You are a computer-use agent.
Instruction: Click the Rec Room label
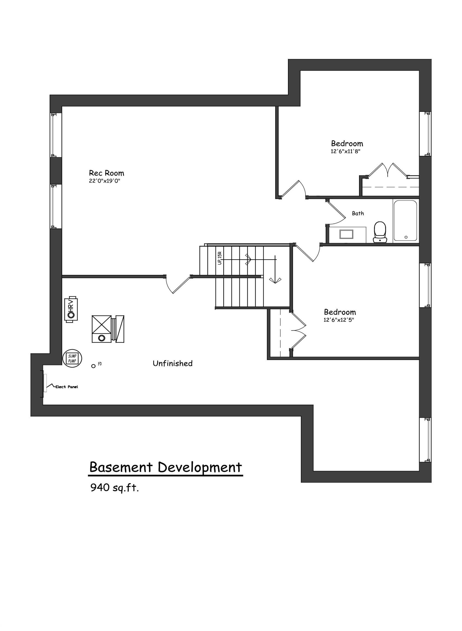tap(106, 173)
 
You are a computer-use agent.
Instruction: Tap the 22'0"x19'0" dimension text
tap(104, 181)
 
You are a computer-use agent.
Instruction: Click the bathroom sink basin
tap(347, 234)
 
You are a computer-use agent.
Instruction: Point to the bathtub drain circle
tap(406, 237)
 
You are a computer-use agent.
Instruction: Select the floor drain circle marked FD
tap(93, 366)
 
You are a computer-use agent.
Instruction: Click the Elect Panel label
tap(67, 387)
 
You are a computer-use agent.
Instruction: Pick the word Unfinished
tap(172, 363)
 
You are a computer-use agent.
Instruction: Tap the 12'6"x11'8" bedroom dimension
tap(345, 151)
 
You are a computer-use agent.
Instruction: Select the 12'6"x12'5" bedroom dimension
tap(339, 320)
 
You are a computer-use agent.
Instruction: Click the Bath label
tap(358, 214)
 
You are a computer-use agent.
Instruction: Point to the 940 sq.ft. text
tap(114, 488)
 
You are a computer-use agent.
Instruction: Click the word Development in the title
tap(200, 467)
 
